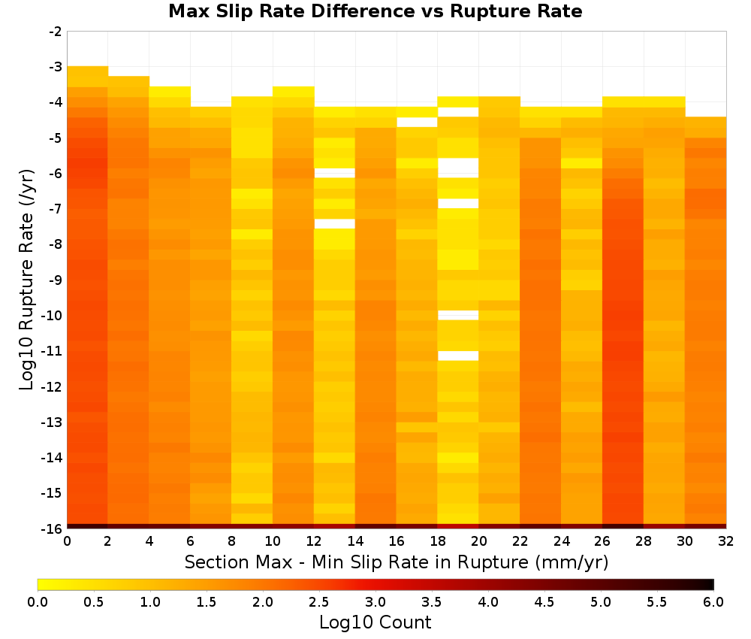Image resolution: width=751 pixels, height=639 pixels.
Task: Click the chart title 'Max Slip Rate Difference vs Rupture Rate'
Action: (x=375, y=11)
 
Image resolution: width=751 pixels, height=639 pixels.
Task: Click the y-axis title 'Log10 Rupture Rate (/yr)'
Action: (x=27, y=280)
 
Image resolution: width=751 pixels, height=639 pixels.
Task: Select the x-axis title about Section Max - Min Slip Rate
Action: (x=397, y=562)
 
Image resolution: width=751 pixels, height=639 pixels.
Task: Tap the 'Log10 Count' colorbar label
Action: (x=375, y=622)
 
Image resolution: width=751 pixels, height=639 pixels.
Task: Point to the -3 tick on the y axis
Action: (x=56, y=67)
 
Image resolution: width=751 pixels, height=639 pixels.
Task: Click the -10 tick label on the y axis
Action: (x=53, y=316)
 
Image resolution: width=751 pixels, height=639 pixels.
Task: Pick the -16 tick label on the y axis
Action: (x=53, y=528)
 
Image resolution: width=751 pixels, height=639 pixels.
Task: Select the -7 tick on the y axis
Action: (x=56, y=209)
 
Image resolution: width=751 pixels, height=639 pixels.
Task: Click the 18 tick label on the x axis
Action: (x=438, y=541)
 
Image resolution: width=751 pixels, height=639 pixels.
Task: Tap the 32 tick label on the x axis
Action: (x=726, y=541)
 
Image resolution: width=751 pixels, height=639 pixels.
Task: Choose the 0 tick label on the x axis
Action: (x=67, y=541)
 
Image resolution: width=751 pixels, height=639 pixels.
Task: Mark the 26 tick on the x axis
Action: (x=602, y=541)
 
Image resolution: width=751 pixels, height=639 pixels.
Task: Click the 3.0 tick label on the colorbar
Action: (x=375, y=602)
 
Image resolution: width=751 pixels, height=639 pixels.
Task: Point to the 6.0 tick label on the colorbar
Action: (x=713, y=602)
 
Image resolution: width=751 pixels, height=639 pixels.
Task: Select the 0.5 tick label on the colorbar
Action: (x=93, y=602)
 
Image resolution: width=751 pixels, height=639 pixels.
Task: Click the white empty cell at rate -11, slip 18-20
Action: (x=458, y=356)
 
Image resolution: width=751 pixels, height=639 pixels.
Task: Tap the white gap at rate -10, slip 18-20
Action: (x=458, y=315)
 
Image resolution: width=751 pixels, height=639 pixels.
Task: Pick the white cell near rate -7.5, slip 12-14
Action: (x=334, y=224)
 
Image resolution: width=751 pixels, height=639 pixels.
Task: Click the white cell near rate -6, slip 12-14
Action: (x=334, y=173)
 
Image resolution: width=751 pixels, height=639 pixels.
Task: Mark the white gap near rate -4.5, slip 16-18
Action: (x=417, y=123)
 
